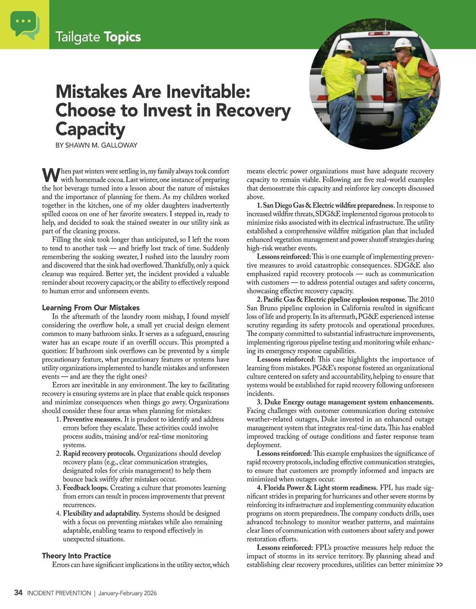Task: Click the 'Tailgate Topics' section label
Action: point(98,37)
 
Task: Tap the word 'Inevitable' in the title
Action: point(208,92)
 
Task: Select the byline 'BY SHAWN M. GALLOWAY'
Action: point(96,145)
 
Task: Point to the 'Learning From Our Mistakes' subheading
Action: point(91,308)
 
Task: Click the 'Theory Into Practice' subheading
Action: point(77,556)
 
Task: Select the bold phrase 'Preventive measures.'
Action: point(92,419)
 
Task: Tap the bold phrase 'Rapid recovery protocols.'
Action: point(99,454)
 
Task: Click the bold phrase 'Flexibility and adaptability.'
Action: point(102,513)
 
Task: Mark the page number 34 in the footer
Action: point(18,593)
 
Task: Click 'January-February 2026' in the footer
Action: point(127,593)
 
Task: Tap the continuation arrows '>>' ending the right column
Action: point(439,565)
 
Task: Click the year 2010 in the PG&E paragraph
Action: point(427,299)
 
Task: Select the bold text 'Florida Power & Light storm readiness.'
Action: point(321,488)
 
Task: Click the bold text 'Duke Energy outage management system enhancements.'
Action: point(349,402)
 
